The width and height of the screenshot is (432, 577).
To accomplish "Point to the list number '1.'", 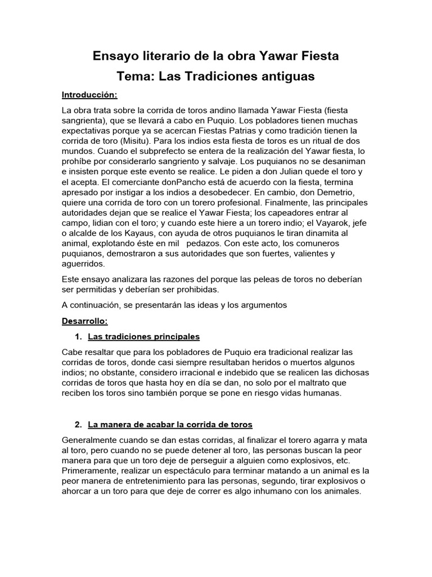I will pos(78,336).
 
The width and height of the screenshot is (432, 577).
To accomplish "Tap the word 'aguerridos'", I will pos(83,264).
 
